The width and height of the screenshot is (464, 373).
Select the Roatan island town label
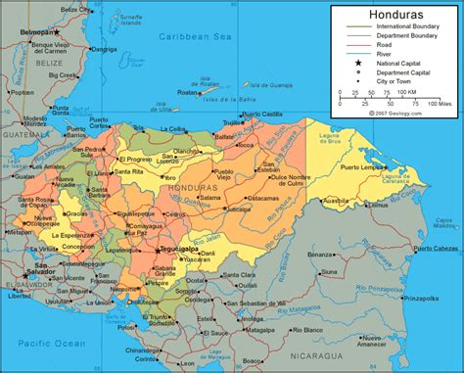(x=188, y=93)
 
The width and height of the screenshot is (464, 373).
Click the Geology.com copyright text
(x=395, y=113)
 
